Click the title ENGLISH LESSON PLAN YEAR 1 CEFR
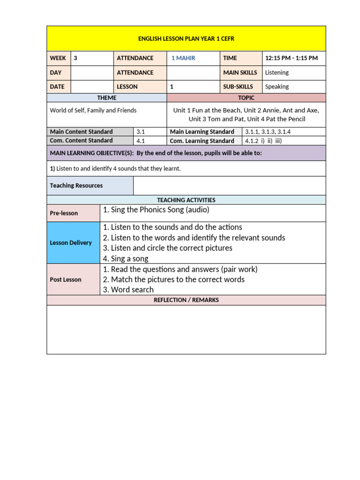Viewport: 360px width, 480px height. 186,39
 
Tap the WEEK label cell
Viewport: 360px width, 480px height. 58,58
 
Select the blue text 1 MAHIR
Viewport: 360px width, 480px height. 183,58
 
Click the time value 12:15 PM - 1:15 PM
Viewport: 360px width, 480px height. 291,58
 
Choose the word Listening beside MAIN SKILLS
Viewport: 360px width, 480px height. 277,73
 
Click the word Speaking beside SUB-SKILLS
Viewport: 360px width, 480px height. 277,87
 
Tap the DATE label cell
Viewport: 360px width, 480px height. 57,87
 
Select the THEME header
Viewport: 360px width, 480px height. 106,98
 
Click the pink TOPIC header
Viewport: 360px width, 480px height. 246,98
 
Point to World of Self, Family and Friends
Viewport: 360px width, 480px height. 93,111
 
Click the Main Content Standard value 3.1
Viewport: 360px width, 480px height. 141,132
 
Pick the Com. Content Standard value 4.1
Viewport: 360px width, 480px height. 141,141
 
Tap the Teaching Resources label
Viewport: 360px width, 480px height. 76,186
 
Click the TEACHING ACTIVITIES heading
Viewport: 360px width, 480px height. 186,200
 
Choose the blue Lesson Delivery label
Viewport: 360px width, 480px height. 71,243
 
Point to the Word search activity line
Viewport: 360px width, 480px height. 128,290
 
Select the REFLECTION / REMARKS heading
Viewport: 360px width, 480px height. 186,300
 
